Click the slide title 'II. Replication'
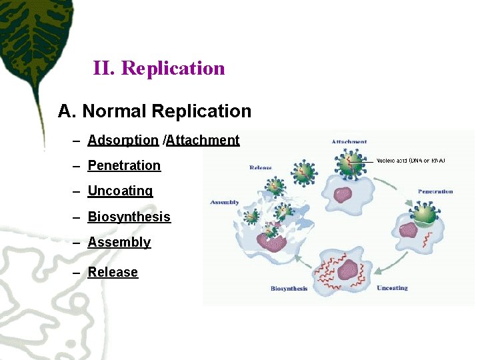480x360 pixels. pos(159,68)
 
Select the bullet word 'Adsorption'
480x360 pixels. pos(123,141)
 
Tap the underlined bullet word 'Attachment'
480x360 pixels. pos(203,141)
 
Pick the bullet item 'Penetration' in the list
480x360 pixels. pos(124,165)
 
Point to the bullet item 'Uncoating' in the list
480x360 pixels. pos(120,191)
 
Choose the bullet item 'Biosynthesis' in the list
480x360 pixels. pos(129,217)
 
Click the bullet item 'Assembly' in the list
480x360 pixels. pos(119,242)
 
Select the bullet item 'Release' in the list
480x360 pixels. pos(113,272)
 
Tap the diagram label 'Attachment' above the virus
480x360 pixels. pos(349,142)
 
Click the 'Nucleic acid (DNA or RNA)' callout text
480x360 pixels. pos(411,161)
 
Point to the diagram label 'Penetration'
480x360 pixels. pos(435,192)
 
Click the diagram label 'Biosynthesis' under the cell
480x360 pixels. pos(289,289)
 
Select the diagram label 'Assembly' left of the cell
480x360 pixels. pos(225,202)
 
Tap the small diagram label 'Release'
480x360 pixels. pos(261,167)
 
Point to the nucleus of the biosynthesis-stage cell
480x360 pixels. pos(347,270)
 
